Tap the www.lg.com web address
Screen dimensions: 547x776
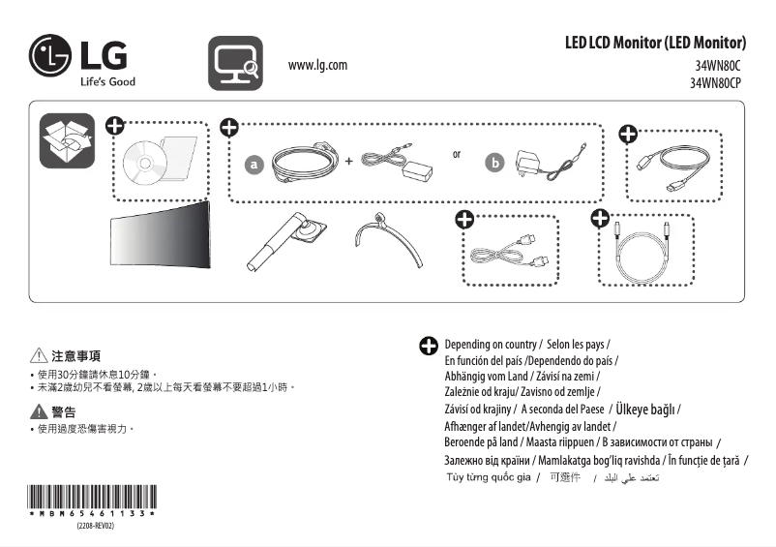tap(317, 65)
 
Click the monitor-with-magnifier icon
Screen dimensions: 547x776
tap(235, 63)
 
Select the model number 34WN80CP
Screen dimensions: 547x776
tap(715, 83)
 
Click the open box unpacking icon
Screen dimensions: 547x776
tap(66, 140)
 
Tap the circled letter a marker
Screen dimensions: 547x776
tap(254, 166)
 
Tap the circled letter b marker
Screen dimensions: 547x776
tap(495, 164)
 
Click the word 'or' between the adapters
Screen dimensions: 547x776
tap(457, 154)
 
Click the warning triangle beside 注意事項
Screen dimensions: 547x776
tap(39, 355)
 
